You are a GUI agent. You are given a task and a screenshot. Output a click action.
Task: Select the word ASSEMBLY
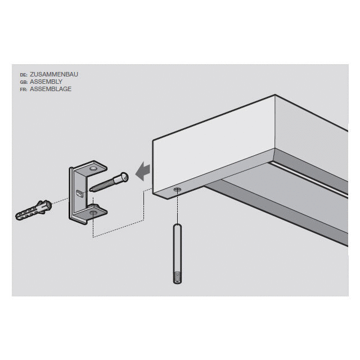[46, 82]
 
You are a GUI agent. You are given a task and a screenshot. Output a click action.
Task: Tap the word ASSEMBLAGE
[51, 89]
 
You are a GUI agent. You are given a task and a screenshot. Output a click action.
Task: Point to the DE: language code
[23, 74]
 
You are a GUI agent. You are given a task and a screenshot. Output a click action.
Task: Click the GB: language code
[23, 82]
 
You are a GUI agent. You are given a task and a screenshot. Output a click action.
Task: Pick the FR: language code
[23, 89]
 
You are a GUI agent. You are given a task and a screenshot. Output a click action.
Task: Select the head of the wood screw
[124, 177]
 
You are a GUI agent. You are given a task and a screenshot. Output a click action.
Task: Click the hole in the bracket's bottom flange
[93, 213]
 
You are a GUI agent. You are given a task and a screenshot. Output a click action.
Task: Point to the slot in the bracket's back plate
[79, 193]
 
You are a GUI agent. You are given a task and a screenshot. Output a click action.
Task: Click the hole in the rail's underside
[178, 190]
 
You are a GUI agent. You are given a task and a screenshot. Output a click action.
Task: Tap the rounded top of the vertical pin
[177, 226]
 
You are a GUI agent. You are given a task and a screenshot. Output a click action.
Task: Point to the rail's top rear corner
[276, 96]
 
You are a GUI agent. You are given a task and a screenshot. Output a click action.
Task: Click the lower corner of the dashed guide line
[93, 237]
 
